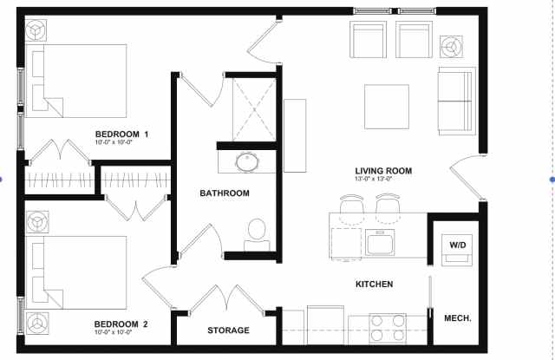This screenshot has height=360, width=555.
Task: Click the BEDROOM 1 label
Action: click(x=121, y=134)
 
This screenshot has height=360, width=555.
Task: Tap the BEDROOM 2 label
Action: click(x=121, y=324)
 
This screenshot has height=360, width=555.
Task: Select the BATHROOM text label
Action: click(x=225, y=193)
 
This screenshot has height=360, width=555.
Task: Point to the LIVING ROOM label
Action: click(x=383, y=171)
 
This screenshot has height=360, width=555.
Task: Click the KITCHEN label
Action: click(x=374, y=284)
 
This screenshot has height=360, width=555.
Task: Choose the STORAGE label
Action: click(x=228, y=331)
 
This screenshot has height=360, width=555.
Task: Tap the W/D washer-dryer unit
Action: click(x=457, y=250)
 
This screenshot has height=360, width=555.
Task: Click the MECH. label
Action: click(x=458, y=318)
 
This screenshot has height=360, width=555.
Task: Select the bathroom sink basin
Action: click(x=247, y=162)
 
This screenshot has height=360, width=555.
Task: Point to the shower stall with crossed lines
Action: click(x=254, y=109)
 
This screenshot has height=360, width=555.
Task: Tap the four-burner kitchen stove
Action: click(x=388, y=328)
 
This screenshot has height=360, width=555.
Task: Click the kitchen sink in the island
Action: click(x=380, y=242)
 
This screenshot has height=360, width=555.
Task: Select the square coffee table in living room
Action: click(x=387, y=107)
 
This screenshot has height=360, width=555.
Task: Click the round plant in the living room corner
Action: click(x=451, y=46)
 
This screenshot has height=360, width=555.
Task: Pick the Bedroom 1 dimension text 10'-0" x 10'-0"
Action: click(x=114, y=142)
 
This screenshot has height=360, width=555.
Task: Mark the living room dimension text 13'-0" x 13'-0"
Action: click(x=374, y=179)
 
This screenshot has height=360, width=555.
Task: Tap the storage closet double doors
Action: click(x=227, y=298)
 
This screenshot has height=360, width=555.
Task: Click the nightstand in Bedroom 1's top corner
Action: click(x=36, y=30)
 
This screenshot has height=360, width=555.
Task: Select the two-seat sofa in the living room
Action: click(x=457, y=101)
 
